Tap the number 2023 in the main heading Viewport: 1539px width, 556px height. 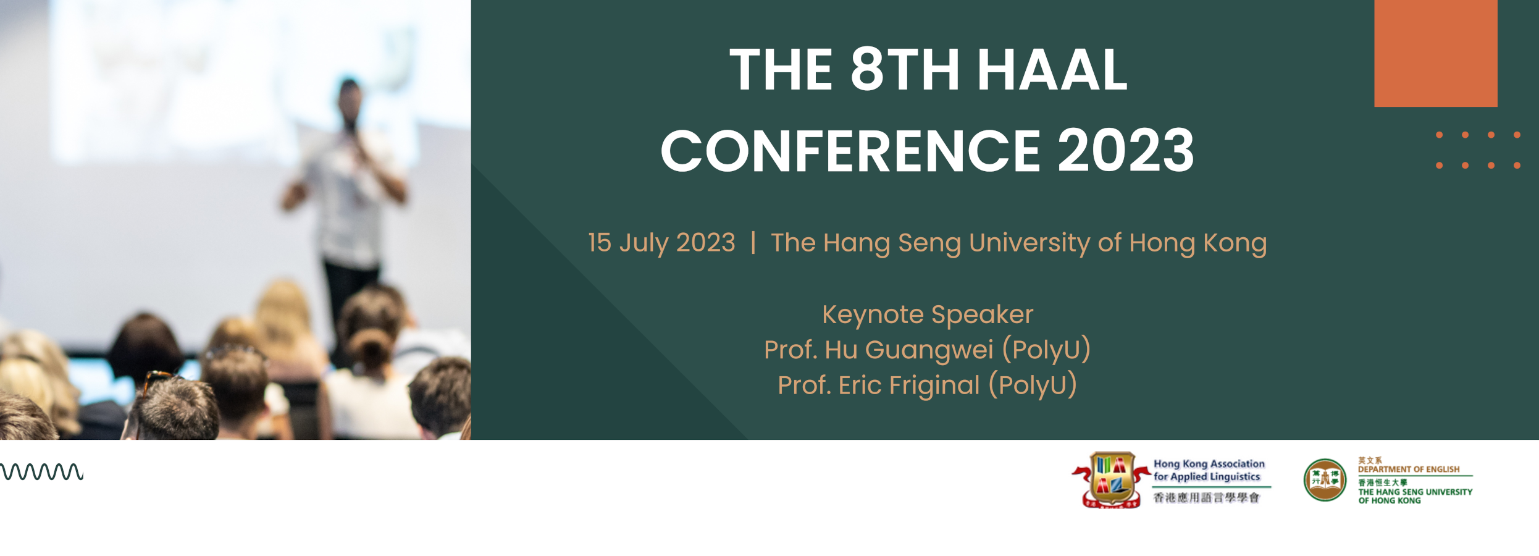point(1126,150)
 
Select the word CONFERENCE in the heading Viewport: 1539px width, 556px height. point(851,150)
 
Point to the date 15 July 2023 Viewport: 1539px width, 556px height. point(661,242)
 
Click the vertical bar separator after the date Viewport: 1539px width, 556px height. point(753,242)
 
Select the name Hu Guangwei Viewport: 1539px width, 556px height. point(909,350)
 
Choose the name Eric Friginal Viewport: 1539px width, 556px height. point(909,385)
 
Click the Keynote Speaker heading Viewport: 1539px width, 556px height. point(928,314)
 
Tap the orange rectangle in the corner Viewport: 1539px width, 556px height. point(1436,53)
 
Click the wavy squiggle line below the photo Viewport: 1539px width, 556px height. point(41,471)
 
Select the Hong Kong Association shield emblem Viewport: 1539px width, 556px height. point(1111,480)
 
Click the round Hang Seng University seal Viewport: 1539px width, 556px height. point(1325,480)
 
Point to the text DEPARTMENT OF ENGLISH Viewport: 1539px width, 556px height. point(1409,470)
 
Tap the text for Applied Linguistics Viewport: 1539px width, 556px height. point(1207,476)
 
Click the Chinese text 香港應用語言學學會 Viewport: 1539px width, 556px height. point(1206,497)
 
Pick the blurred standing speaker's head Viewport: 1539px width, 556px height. point(350,98)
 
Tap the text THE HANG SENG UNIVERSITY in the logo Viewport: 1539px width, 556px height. point(1415,492)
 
